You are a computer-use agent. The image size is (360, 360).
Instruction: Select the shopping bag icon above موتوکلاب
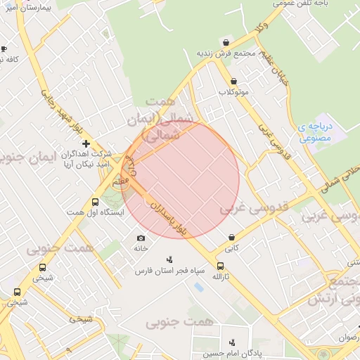click(x=233, y=81)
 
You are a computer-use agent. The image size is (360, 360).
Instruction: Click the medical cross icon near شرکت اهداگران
click(x=86, y=143)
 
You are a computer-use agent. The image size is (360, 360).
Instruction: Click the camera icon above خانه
click(x=141, y=238)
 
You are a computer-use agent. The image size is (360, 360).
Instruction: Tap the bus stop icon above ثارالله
click(x=221, y=266)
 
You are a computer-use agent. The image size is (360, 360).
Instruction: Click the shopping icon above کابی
click(x=232, y=237)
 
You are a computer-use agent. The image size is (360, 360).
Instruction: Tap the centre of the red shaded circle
click(x=181, y=179)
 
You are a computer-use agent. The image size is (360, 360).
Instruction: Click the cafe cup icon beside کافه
click(x=4, y=49)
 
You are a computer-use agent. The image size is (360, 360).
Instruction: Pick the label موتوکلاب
click(x=234, y=92)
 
